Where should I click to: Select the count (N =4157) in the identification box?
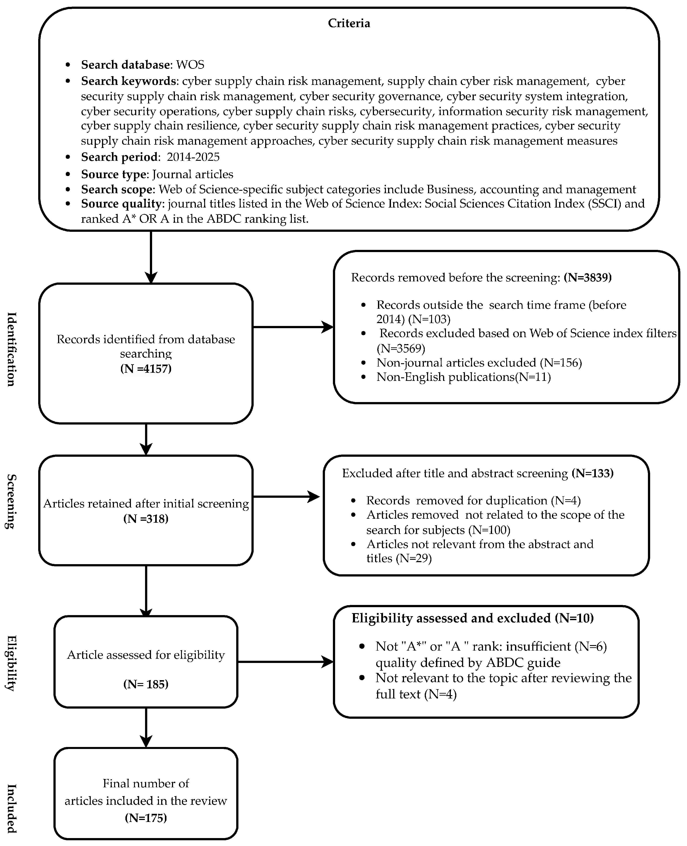point(146,369)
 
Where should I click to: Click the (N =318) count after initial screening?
point(146,519)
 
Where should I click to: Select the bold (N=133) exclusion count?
point(593,473)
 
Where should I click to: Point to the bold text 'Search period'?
point(119,157)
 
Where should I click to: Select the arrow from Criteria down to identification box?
point(151,257)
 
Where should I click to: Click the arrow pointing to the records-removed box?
point(293,327)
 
